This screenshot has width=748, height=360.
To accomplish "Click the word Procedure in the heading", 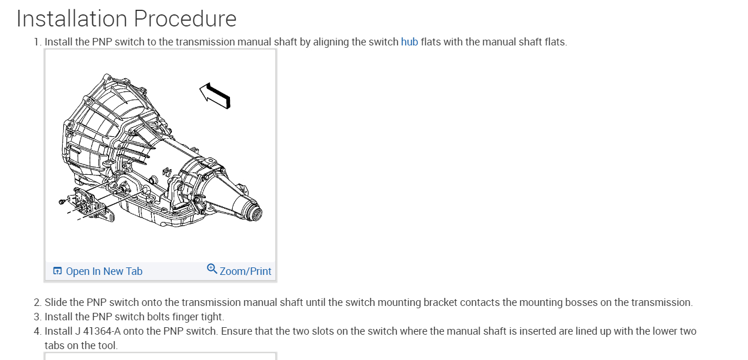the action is (185, 19).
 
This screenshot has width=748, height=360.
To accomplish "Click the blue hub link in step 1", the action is (409, 42).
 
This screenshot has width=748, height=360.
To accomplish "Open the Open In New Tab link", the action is (103, 271).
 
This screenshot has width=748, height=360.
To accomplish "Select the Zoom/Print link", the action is (245, 271).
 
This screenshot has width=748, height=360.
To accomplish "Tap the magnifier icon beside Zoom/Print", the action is (212, 269).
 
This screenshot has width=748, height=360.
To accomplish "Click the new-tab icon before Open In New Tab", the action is (57, 271).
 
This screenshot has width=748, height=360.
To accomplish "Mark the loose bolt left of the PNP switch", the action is (62, 201).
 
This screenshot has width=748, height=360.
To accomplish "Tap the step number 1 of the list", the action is (37, 42).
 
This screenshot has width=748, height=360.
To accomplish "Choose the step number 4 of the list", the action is (37, 331).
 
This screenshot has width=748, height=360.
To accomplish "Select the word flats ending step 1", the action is (555, 42).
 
